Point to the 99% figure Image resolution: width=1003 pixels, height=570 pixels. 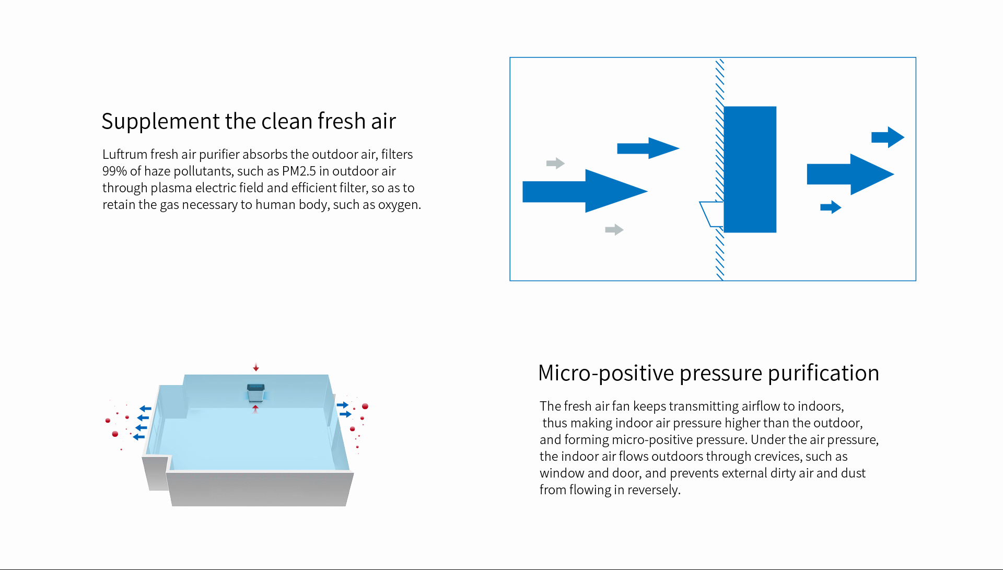click(114, 171)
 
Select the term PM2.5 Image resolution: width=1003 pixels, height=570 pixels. click(299, 171)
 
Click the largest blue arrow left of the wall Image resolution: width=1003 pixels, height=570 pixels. click(585, 191)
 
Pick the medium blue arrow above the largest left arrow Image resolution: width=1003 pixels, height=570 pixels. click(648, 148)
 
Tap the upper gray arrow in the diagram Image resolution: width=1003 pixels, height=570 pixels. click(555, 164)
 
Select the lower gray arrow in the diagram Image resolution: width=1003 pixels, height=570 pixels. click(614, 230)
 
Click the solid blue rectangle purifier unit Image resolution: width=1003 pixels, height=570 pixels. click(750, 169)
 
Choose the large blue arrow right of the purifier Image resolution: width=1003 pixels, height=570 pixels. click(850, 175)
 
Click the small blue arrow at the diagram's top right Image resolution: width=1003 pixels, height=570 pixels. click(888, 137)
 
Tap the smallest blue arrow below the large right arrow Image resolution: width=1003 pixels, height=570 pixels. click(831, 207)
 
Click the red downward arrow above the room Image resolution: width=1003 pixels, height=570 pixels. click(256, 367)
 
